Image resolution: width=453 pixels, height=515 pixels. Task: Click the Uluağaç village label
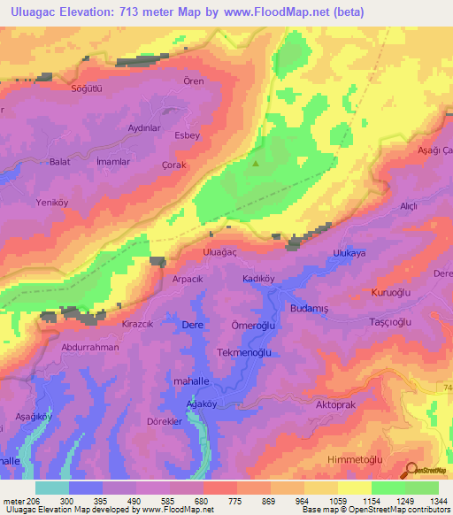click(220, 252)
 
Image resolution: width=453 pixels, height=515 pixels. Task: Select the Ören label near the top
click(193, 81)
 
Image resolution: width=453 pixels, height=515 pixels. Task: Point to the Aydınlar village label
click(144, 127)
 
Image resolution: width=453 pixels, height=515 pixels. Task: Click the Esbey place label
click(187, 135)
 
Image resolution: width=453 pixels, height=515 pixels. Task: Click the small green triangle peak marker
click(257, 162)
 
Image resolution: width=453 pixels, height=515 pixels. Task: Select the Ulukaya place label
click(348, 252)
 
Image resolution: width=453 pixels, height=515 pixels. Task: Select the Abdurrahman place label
click(89, 348)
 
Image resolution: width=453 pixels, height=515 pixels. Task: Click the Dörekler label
click(165, 421)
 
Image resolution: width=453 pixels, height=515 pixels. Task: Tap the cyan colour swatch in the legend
click(51, 488)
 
